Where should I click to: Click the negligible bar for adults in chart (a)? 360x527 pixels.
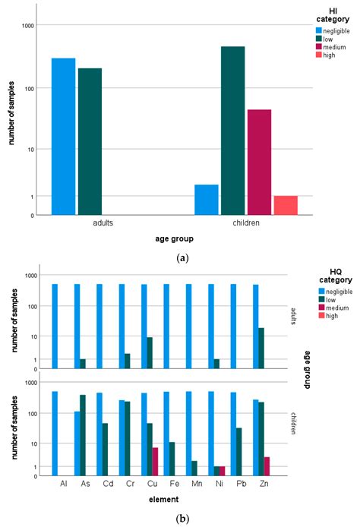pos(63,137)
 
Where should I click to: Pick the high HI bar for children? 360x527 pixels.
pos(285,205)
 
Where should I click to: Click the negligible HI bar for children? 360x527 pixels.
pos(207,200)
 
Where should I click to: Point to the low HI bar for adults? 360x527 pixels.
pos(90,141)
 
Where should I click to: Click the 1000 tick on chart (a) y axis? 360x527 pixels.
pos(28,26)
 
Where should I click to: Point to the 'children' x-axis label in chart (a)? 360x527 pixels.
pos(246,224)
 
